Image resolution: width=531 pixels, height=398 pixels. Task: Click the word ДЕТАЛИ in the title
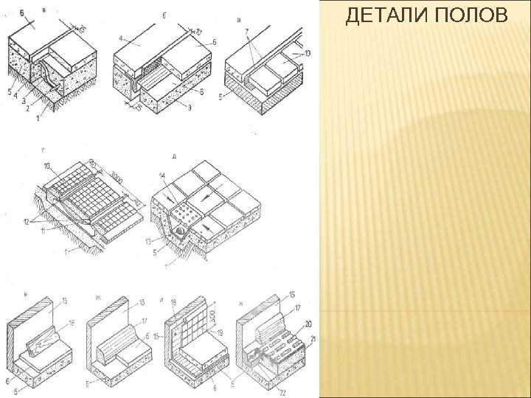(x=388, y=16)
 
